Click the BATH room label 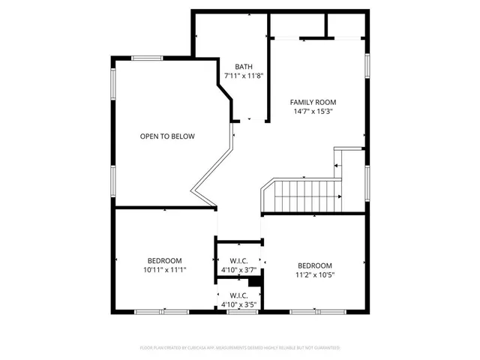click(244, 66)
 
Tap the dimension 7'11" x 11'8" click(244, 76)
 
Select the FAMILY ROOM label click(313, 102)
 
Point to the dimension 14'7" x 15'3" click(313, 112)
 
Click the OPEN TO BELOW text click(167, 136)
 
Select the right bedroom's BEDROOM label click(315, 265)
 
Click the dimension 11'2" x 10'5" click(315, 275)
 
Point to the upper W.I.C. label click(239, 260)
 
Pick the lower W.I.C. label click(239, 295)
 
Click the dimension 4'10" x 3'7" click(239, 270)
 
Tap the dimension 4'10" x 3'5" click(239, 304)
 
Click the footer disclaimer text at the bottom click(240, 348)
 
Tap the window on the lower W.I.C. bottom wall click(238, 311)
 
